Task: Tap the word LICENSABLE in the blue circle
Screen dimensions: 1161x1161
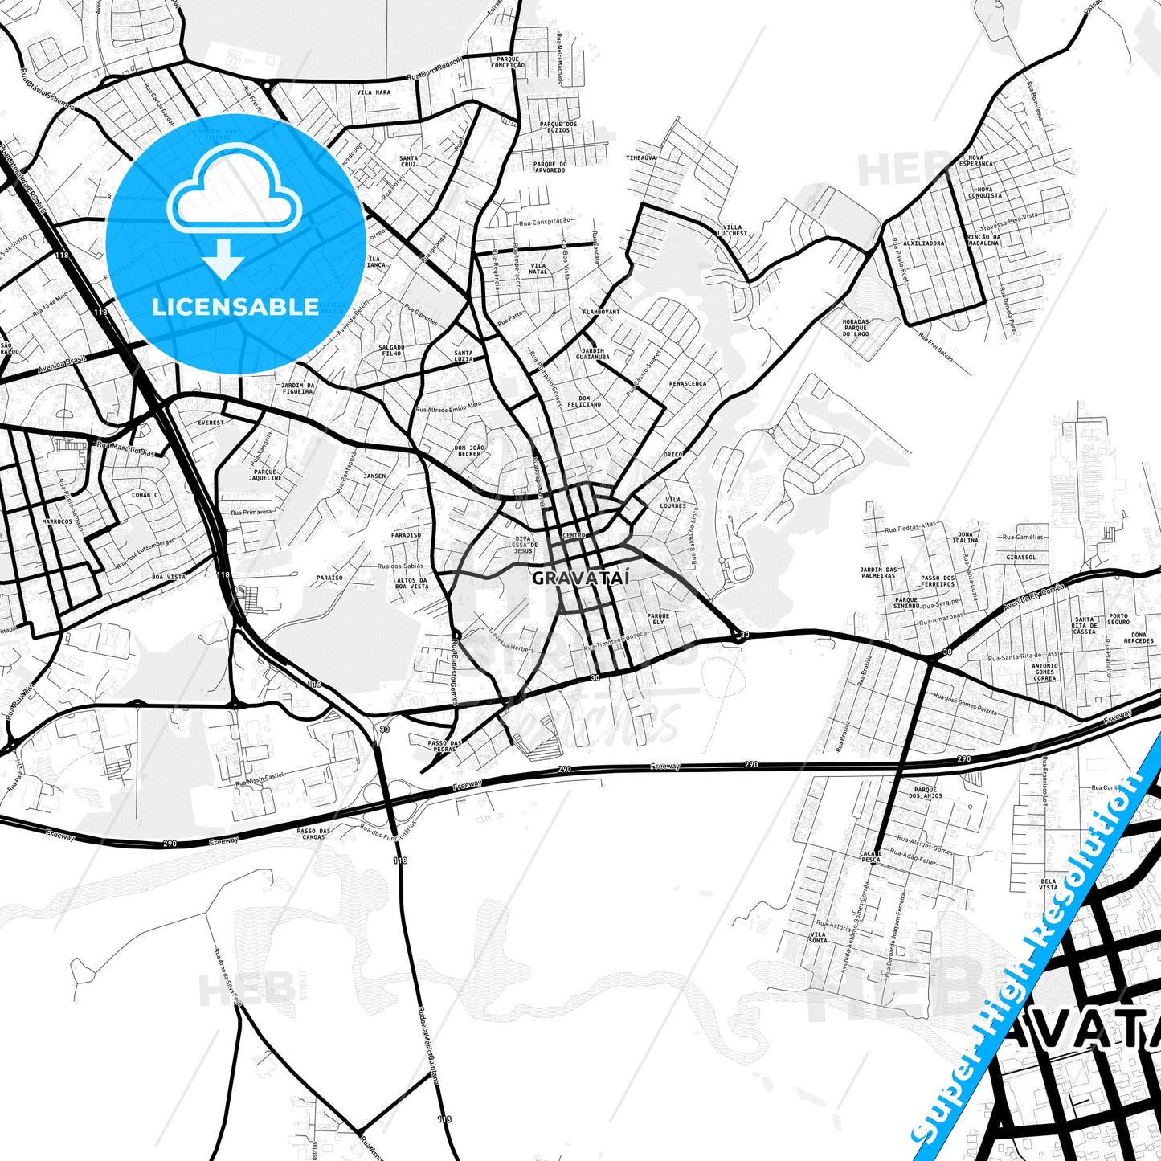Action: pyautogui.click(x=235, y=307)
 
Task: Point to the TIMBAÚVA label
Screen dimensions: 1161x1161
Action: pyautogui.click(x=642, y=158)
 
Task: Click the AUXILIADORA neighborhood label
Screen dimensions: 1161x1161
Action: pyautogui.click(x=923, y=243)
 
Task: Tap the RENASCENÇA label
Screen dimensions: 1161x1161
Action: pyautogui.click(x=688, y=384)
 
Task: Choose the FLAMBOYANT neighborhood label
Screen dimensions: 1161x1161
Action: pyautogui.click(x=601, y=312)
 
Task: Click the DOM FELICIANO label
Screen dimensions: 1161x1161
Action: pyautogui.click(x=583, y=401)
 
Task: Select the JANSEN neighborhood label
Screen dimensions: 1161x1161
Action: pyautogui.click(x=374, y=476)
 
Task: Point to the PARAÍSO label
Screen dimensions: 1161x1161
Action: pyautogui.click(x=329, y=578)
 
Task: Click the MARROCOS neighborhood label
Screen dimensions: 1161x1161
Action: pyautogui.click(x=56, y=521)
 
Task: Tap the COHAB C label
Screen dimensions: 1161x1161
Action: pyautogui.click(x=145, y=496)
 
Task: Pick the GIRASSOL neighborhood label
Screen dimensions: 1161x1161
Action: pyautogui.click(x=1020, y=557)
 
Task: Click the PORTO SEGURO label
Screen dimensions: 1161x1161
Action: pyautogui.click(x=1118, y=619)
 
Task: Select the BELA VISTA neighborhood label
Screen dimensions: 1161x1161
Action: pyautogui.click(x=1048, y=884)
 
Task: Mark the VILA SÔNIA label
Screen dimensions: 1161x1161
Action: pyautogui.click(x=818, y=938)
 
